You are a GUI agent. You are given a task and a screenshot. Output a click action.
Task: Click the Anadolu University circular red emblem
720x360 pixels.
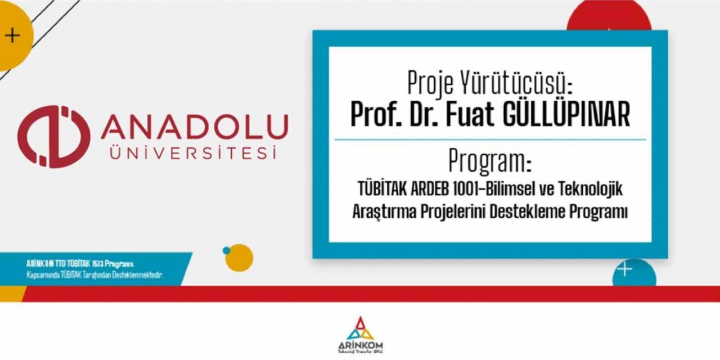[x=53, y=137]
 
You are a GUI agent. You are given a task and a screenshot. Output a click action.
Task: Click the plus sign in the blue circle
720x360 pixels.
[x=625, y=270]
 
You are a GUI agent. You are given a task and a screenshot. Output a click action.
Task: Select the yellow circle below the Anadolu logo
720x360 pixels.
[x=240, y=258]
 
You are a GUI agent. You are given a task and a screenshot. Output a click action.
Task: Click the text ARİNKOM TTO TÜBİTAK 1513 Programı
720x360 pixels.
[x=80, y=263]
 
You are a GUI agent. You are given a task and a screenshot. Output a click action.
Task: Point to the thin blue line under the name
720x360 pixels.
[x=490, y=139]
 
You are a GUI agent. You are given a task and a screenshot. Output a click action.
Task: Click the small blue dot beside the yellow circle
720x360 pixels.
[x=226, y=250]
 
